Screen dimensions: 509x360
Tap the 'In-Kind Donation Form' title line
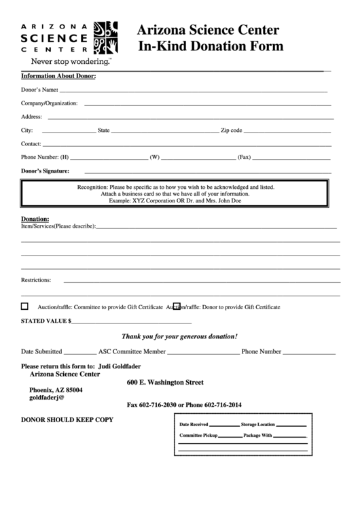tap(211, 46)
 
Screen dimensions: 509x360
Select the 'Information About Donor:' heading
tap(58, 76)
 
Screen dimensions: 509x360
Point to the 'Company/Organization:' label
tap(50, 103)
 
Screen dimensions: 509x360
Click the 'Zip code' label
tap(230, 130)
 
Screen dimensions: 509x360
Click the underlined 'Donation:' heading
tap(35, 219)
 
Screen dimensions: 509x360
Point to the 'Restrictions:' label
tap(37, 280)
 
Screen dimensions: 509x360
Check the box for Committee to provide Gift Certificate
tap(25, 306)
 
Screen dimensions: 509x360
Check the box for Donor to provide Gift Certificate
tap(177, 306)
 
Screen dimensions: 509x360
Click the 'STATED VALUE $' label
tap(46, 321)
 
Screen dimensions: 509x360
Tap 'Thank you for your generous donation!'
tap(179, 336)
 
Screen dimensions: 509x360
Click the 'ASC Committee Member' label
tap(132, 352)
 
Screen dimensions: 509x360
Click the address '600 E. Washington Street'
tap(165, 382)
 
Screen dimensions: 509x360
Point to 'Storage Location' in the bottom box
tap(257, 424)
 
